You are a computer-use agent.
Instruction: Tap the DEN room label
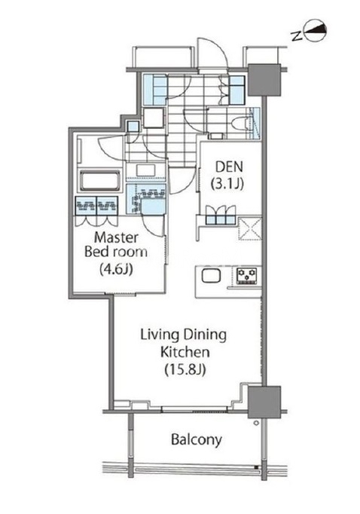[229, 167]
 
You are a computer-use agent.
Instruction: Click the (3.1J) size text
[227, 184]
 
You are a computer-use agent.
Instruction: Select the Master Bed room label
[116, 244]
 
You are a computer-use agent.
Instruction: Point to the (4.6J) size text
[116, 270]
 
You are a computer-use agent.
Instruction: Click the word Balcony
[197, 439]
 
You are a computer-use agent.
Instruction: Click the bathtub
[99, 181]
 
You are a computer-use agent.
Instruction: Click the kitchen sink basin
[211, 275]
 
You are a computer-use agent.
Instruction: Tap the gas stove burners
[247, 275]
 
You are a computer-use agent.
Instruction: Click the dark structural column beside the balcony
[264, 402]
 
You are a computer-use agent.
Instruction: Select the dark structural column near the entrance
[264, 80]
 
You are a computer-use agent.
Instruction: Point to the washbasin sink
[146, 170]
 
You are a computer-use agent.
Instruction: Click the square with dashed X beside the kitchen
[249, 228]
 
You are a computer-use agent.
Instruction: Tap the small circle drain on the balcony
[256, 423]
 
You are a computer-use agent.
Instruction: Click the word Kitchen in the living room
[185, 352]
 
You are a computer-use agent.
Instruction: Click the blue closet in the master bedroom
[96, 206]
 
